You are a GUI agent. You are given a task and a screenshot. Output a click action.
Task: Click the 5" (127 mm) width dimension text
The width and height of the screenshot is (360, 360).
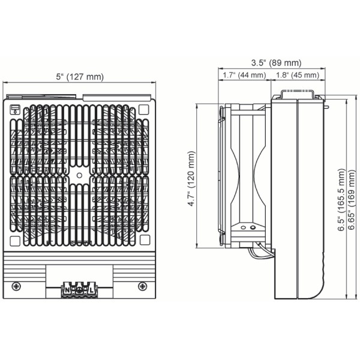pyautogui.click(x=80, y=77)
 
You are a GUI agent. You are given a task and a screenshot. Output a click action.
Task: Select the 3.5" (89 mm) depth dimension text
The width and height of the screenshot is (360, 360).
pyautogui.click(x=277, y=63)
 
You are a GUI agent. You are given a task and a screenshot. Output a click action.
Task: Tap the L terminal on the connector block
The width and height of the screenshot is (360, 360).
pyautogui.click(x=91, y=291)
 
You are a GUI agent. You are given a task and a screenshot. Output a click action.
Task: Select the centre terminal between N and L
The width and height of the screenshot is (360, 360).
pyautogui.click(x=79, y=291)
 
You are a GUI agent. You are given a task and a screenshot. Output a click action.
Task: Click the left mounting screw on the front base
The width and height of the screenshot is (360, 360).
pyautogui.click(x=17, y=285)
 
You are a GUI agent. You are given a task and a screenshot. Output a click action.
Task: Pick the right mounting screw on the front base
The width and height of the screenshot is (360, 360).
pyautogui.click(x=142, y=285)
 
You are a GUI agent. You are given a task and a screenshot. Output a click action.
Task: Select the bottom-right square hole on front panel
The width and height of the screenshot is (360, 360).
pyautogui.click(x=143, y=240)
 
